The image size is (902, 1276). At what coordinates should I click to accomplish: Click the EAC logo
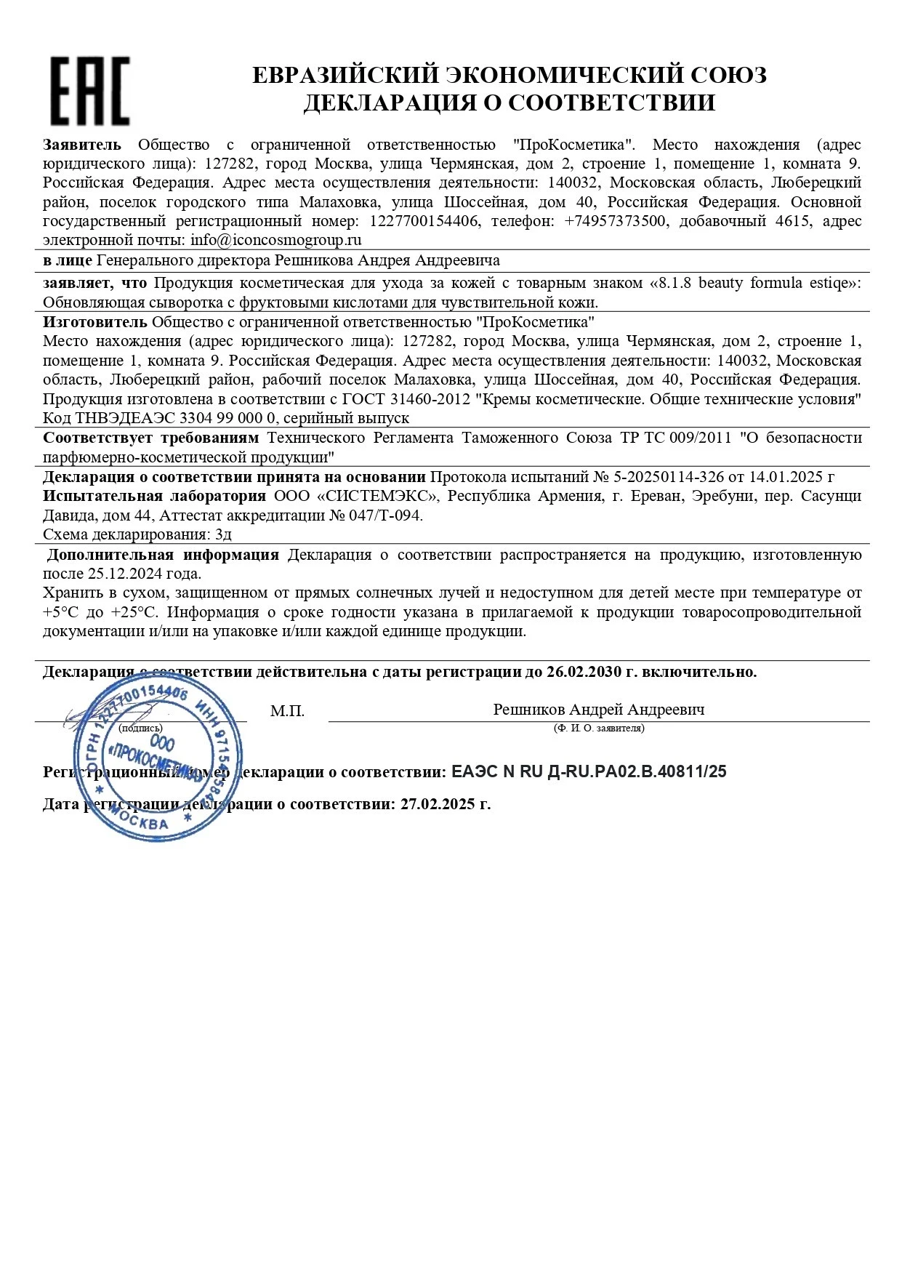tap(89, 91)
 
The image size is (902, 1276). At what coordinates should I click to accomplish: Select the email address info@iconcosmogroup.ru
tap(276, 240)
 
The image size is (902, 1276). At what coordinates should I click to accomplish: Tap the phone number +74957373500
tap(615, 221)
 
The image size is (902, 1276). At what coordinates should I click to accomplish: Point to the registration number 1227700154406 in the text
tap(424, 221)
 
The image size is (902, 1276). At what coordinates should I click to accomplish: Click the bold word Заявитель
tap(81, 145)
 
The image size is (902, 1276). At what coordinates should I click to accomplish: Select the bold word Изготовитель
tap(94, 322)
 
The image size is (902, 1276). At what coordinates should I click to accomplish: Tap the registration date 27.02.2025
tap(440, 804)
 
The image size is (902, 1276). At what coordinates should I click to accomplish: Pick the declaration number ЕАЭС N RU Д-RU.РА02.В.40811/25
tap(589, 772)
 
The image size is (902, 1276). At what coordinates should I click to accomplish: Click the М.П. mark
tap(287, 711)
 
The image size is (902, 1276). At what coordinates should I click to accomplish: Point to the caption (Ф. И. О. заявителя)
tap(598, 728)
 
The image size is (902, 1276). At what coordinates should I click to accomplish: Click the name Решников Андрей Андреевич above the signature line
tap(598, 710)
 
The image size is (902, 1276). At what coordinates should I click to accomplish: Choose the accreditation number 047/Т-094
tap(385, 515)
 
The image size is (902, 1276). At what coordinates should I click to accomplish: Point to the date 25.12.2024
tap(125, 574)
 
